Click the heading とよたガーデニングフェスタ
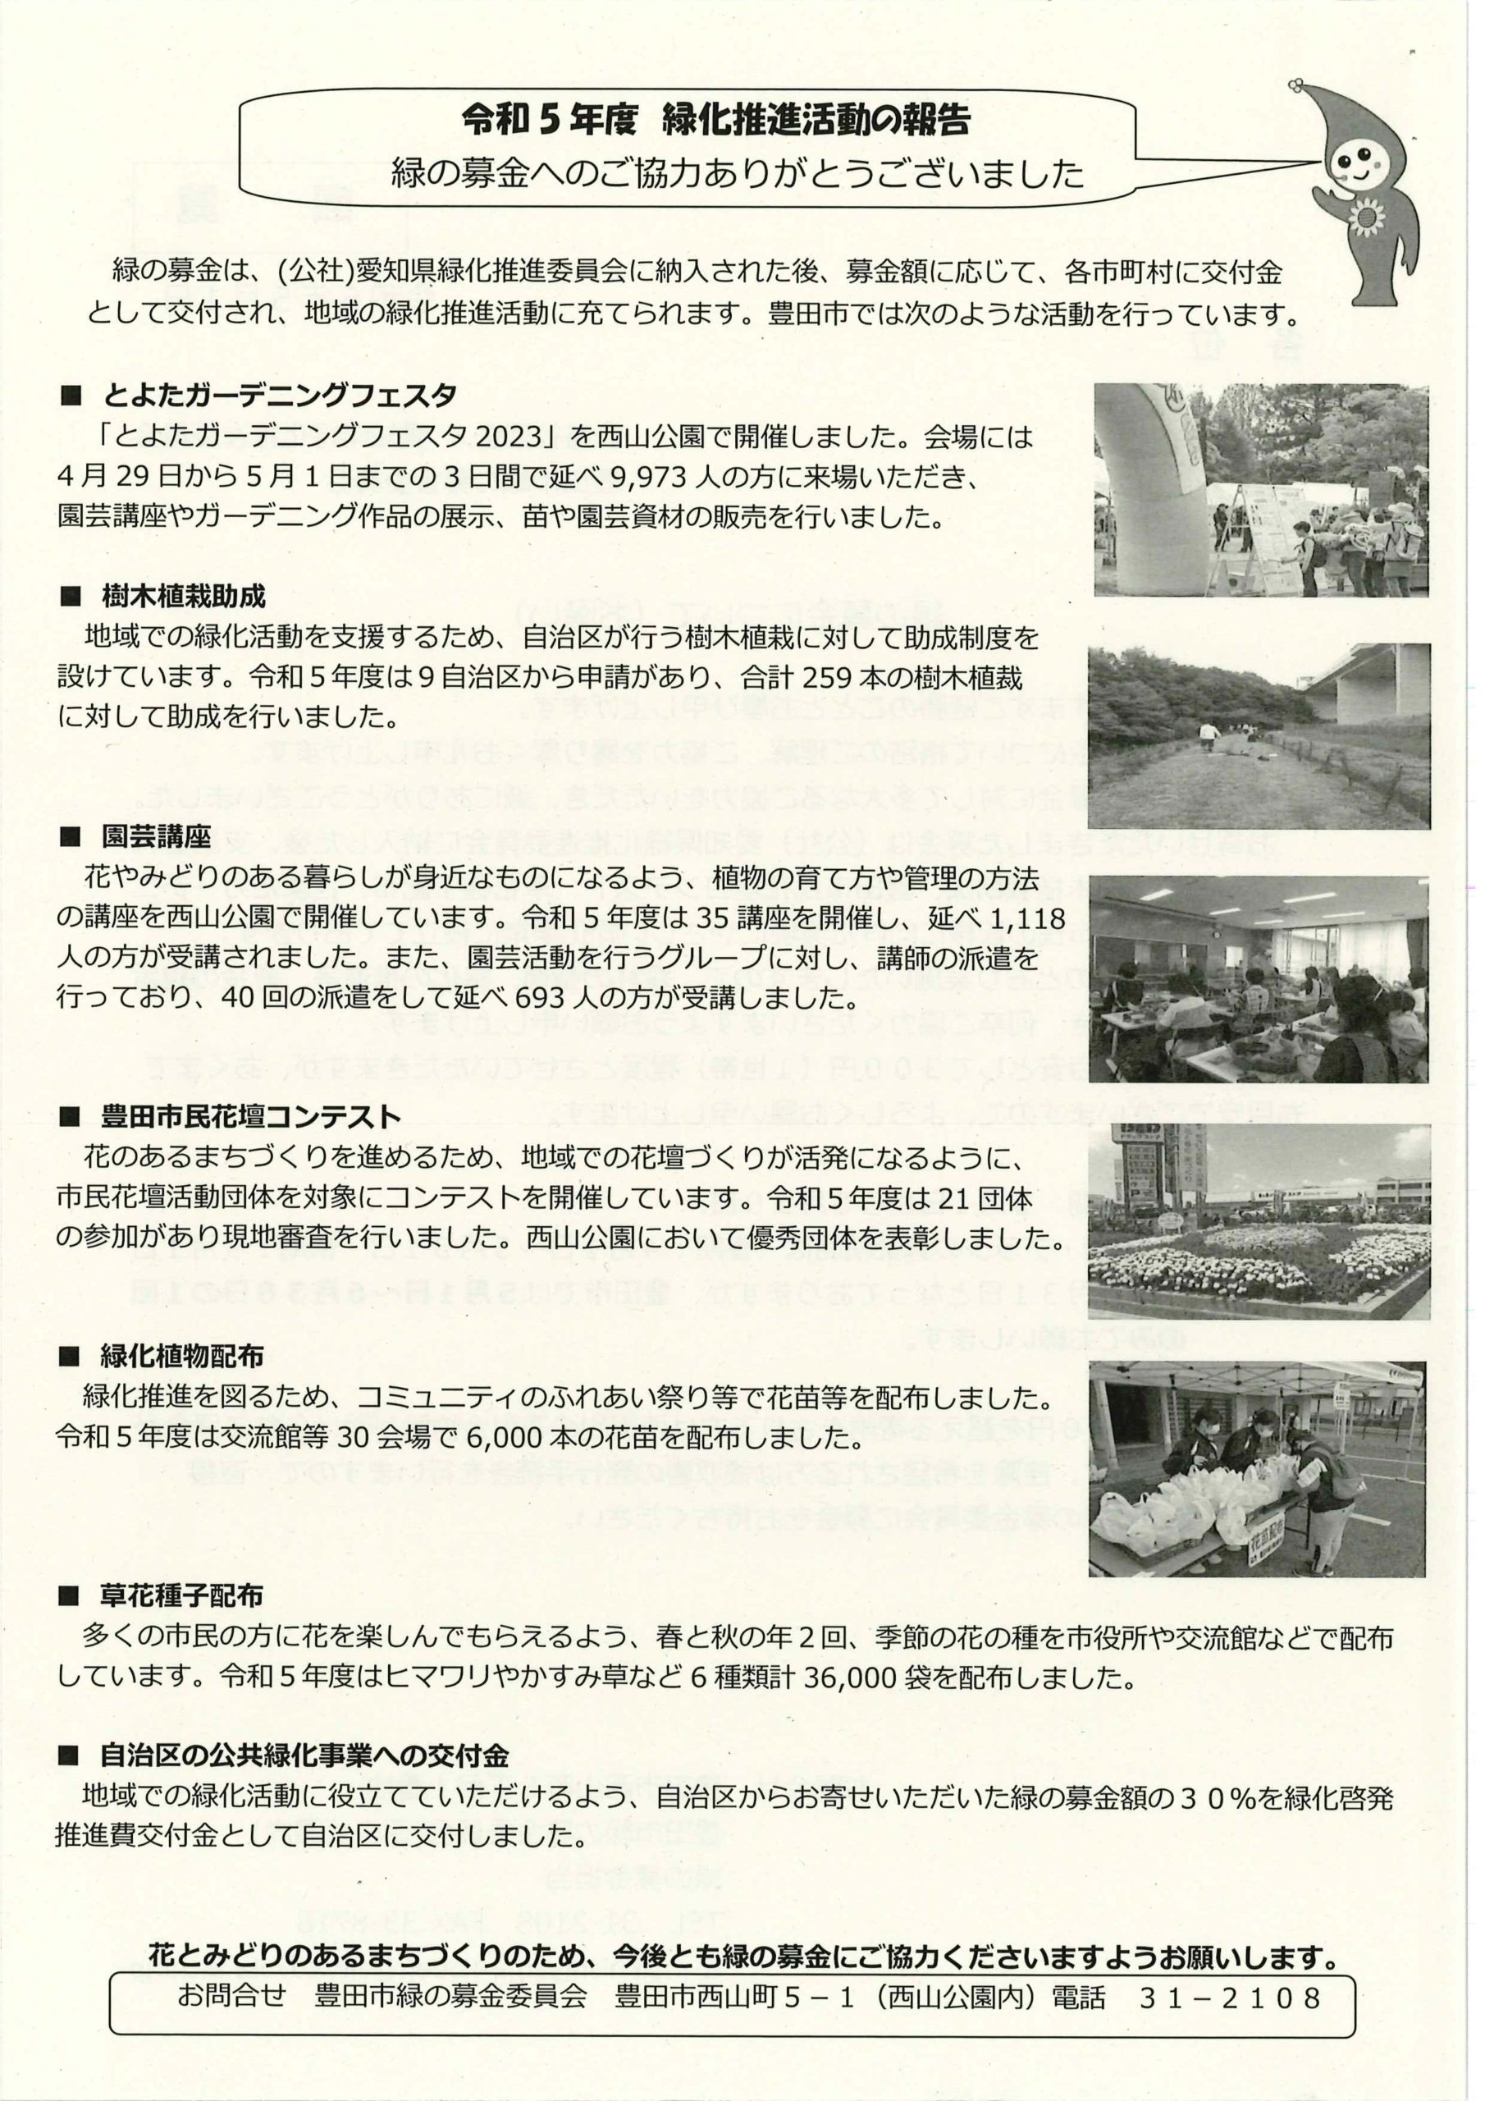click(279, 396)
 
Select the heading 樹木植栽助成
click(183, 597)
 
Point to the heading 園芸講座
click(157, 835)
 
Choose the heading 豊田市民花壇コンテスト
click(249, 1116)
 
